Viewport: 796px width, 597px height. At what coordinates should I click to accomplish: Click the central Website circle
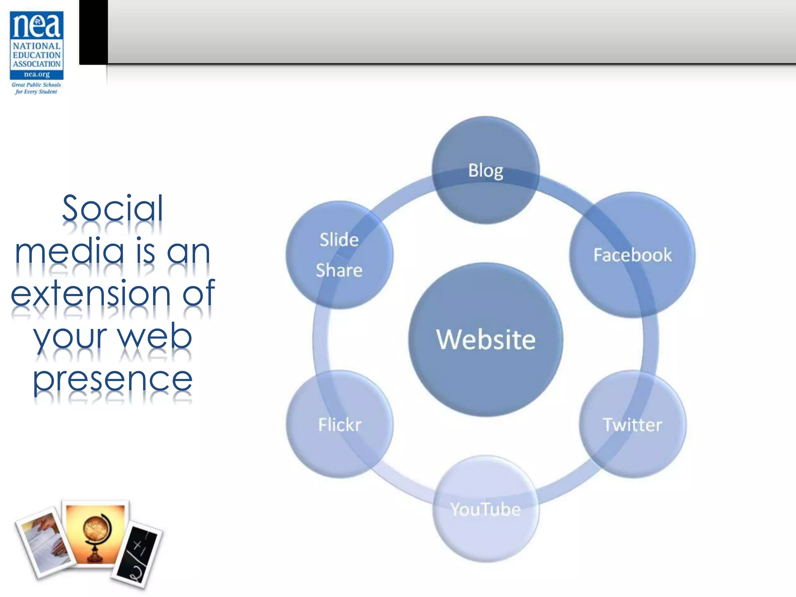click(x=485, y=339)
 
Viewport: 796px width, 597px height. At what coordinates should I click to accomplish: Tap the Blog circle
click(x=485, y=170)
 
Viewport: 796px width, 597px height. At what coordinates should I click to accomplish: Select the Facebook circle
click(x=632, y=255)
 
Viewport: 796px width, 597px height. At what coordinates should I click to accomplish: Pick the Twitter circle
click(x=632, y=424)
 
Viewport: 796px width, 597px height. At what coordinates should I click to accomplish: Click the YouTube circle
click(x=485, y=509)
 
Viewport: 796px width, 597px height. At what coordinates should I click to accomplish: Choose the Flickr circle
click(x=340, y=424)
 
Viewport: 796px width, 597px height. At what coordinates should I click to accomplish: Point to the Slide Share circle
click(x=339, y=255)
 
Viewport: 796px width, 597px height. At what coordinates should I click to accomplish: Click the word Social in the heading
click(x=113, y=209)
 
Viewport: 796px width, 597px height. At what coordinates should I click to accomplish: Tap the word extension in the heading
click(x=91, y=294)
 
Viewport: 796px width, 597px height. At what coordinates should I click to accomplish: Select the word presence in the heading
click(x=113, y=379)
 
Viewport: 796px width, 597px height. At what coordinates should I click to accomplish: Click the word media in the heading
click(x=69, y=251)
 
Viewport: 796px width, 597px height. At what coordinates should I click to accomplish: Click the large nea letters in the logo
click(x=37, y=26)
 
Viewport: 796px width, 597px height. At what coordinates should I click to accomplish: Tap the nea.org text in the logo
click(x=37, y=74)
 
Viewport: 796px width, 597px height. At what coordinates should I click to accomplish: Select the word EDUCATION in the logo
click(x=37, y=55)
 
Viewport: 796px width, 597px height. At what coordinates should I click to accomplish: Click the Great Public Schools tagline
click(x=36, y=85)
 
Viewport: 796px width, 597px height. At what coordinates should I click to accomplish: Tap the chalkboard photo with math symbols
click(x=137, y=554)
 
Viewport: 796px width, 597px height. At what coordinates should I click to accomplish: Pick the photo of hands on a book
click(x=45, y=542)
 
